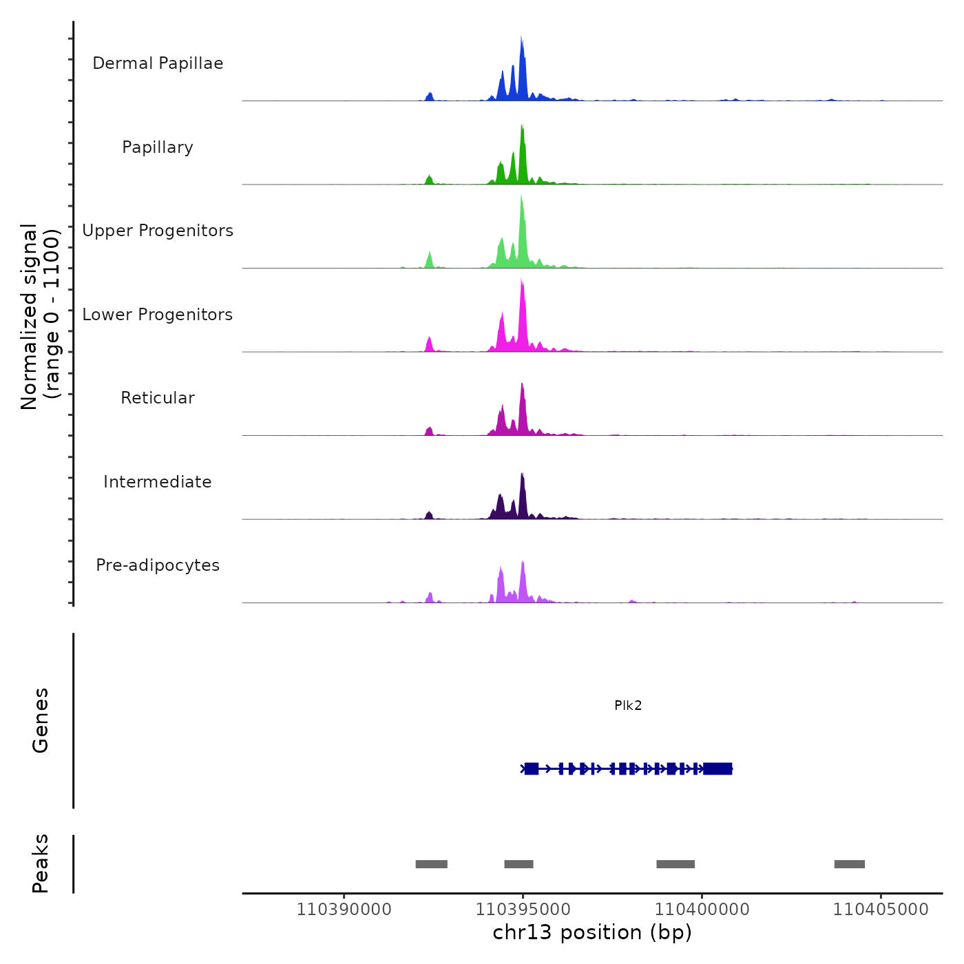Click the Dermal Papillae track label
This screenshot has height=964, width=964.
point(158,63)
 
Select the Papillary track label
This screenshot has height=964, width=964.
point(158,147)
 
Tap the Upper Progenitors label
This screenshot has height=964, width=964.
point(158,231)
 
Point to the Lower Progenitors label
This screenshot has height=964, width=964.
point(158,315)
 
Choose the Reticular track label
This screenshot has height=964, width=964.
point(158,398)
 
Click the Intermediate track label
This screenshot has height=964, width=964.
point(158,482)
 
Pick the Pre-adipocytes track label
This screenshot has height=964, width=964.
point(158,565)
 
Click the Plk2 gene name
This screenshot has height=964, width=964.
point(628,705)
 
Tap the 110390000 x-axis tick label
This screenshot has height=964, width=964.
point(344,909)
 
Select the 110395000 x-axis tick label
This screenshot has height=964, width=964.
point(523,909)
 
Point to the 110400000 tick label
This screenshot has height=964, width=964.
point(702,909)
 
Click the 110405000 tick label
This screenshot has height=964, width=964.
point(881,909)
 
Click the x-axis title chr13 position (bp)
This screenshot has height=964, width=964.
point(592,932)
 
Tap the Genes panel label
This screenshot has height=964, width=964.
point(41,720)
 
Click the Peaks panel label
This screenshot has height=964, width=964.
point(41,863)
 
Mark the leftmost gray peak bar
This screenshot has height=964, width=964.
point(432,864)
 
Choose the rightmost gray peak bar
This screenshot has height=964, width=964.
point(850,864)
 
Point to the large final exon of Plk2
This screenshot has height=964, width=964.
point(717,768)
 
